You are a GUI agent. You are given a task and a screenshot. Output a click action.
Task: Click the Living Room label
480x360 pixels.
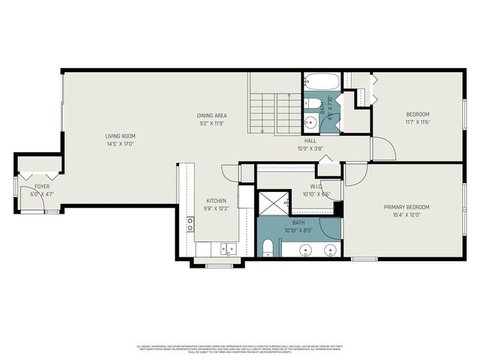[x=120, y=136]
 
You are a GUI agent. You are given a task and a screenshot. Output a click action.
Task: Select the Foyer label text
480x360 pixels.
[x=40, y=185]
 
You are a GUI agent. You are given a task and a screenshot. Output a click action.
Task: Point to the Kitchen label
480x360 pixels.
[x=216, y=201]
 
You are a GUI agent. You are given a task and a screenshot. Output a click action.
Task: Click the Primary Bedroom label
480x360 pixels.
[x=407, y=207]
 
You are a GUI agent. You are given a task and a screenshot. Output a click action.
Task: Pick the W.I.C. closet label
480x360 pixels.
[x=316, y=187]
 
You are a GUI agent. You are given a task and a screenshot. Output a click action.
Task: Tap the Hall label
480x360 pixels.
[x=310, y=141]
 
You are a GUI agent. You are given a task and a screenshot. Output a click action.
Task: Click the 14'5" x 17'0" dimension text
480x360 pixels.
[x=120, y=144]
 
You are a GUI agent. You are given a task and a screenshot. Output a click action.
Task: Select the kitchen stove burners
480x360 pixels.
[x=190, y=223]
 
